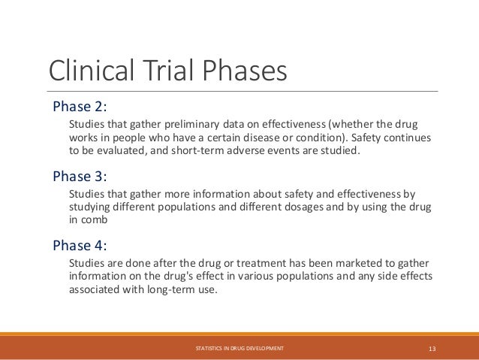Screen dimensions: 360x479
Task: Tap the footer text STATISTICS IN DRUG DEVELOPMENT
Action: [239, 349]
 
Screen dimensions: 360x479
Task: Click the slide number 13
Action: [432, 349]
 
